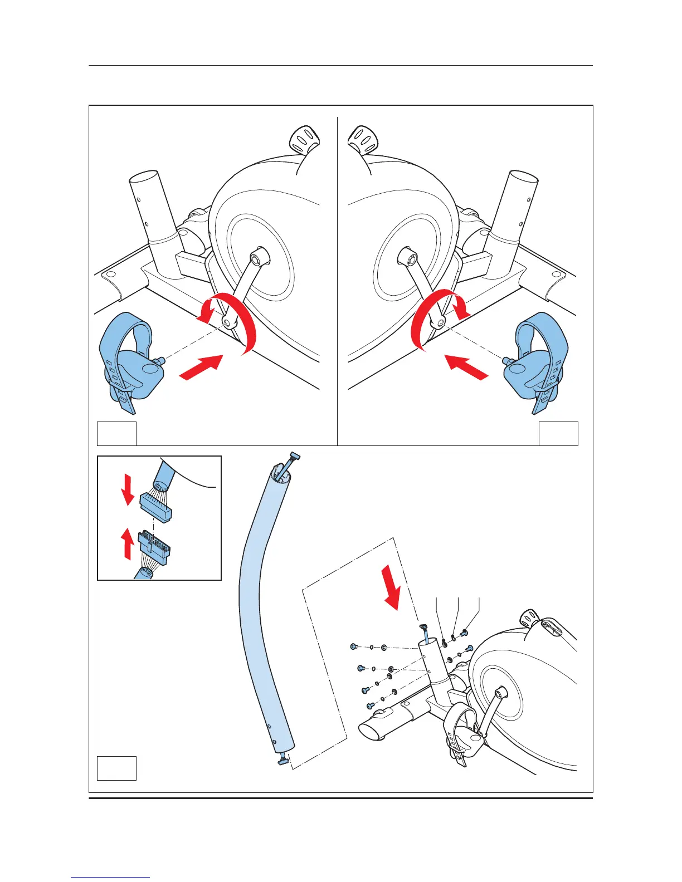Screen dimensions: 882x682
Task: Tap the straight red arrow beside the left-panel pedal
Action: [x=202, y=367]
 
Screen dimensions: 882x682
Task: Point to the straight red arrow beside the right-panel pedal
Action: [x=467, y=367]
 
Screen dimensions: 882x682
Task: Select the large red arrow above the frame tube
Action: [x=393, y=593]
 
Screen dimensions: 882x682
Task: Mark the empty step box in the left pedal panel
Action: [x=116, y=434]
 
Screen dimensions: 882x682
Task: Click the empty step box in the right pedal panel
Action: [x=558, y=434]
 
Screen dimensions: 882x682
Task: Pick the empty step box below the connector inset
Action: [x=116, y=768]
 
